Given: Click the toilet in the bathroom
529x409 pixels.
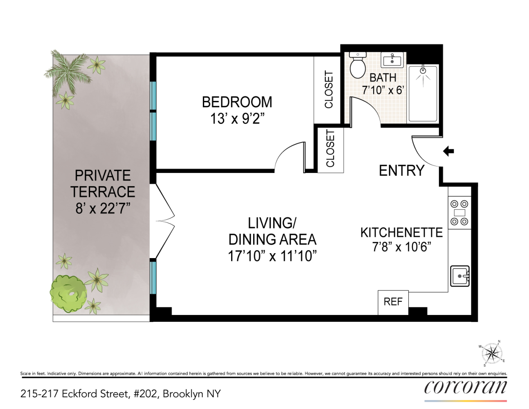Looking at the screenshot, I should (x=358, y=65).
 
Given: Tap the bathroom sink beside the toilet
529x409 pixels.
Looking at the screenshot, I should (x=392, y=60).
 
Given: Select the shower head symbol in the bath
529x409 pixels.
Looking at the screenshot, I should (x=423, y=71).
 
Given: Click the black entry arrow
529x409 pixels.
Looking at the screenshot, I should (x=448, y=151).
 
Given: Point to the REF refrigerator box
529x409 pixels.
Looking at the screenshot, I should (x=393, y=302).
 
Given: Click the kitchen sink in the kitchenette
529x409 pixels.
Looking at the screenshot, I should (x=459, y=276).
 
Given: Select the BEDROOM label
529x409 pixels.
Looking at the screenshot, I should (x=237, y=102).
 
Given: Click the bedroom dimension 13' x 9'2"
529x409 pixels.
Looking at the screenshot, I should (x=237, y=119).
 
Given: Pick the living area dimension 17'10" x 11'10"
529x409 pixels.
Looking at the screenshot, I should (x=272, y=256).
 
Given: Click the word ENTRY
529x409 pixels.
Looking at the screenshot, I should (x=401, y=171).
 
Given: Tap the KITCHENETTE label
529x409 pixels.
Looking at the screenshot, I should (x=401, y=233).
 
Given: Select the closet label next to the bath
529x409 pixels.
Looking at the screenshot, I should (x=329, y=90).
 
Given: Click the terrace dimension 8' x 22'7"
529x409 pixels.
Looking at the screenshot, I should (x=103, y=209).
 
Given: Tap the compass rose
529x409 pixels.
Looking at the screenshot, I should (x=492, y=353).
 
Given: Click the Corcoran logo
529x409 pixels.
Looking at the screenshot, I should (x=466, y=387).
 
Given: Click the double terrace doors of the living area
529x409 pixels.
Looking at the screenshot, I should (x=165, y=221).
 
